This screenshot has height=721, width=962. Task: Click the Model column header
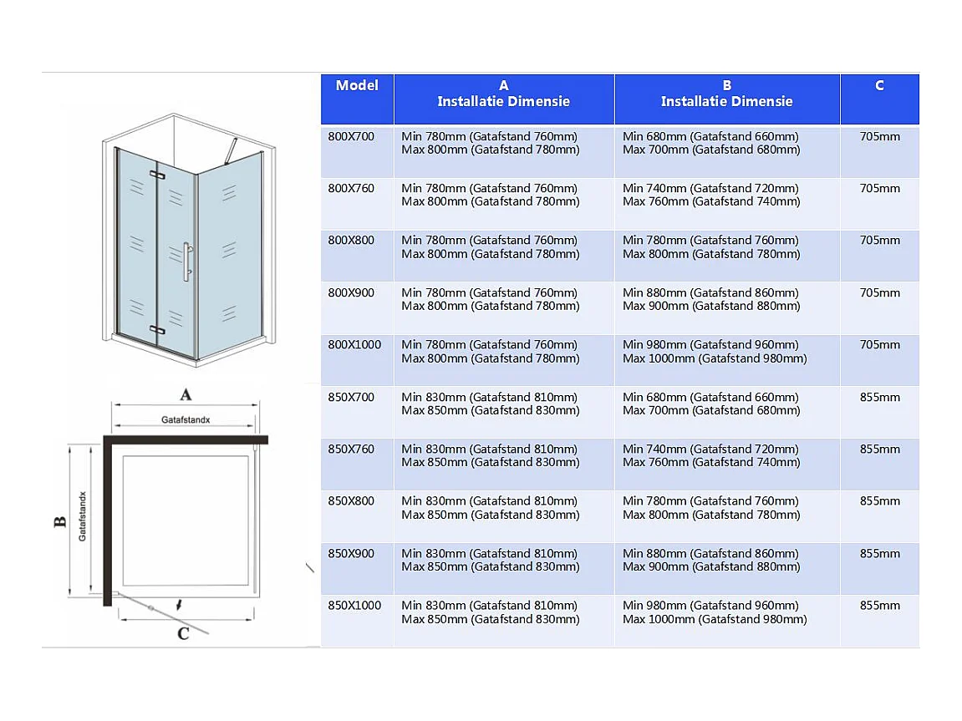point(357,85)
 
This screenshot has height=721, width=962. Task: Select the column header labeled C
point(879,85)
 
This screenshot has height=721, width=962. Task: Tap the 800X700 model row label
point(351,136)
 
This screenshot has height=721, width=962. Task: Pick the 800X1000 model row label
point(354,344)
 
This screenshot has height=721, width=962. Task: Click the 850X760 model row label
point(351,449)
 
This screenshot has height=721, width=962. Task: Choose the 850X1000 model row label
point(354,605)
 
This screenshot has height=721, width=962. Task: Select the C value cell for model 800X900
point(880,292)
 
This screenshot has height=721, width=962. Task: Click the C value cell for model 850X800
point(880,500)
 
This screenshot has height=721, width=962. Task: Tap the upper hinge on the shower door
point(157,175)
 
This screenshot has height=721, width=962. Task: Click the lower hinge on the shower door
point(157,329)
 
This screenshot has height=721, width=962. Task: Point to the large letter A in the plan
point(186,394)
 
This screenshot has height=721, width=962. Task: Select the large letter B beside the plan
point(59,522)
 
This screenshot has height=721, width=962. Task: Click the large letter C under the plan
point(183,633)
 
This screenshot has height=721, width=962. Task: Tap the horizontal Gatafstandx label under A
point(186,419)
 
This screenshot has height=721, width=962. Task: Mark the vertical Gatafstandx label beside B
point(83,516)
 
